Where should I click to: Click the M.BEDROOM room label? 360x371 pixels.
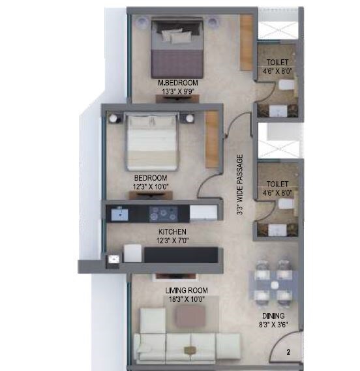(x=178, y=83)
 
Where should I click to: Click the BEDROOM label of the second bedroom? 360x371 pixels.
(x=151, y=178)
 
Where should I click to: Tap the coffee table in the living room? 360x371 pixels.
(x=190, y=316)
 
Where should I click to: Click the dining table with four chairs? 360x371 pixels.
(x=273, y=282)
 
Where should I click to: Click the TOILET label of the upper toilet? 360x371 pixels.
(x=277, y=63)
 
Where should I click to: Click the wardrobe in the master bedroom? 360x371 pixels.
(x=246, y=43)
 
